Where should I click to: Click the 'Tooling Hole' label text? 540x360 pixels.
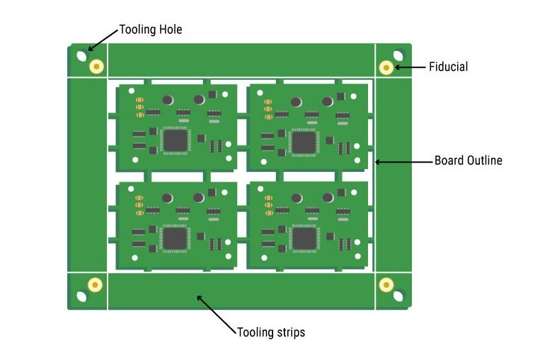(x=150, y=30)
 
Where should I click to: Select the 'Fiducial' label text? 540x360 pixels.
(x=448, y=67)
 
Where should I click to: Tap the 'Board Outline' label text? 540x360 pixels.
(x=468, y=161)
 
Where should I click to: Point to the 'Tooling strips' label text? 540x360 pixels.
(x=271, y=332)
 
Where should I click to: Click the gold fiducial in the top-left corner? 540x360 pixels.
(x=96, y=66)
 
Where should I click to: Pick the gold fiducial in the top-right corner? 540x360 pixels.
(x=386, y=67)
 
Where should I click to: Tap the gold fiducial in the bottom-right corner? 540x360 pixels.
(x=386, y=284)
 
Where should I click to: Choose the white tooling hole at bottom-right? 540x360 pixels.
(x=399, y=296)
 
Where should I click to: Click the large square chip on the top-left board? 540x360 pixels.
(x=175, y=139)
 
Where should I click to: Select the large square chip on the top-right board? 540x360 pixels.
(x=304, y=141)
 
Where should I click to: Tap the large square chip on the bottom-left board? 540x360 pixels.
(x=175, y=237)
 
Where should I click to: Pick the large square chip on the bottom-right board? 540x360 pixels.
(x=304, y=238)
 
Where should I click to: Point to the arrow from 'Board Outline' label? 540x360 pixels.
(x=403, y=162)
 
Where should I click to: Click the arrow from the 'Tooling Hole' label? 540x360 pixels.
(x=103, y=40)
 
